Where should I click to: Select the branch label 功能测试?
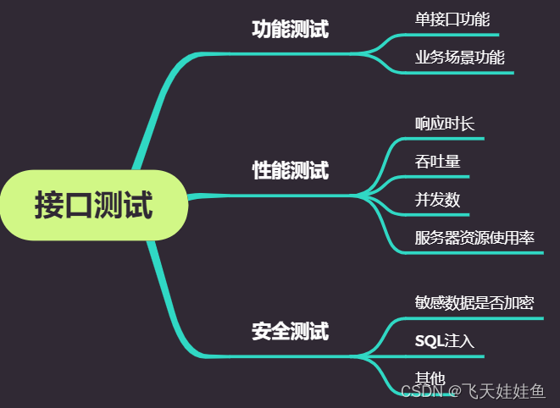(290, 30)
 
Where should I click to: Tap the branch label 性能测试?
(290, 170)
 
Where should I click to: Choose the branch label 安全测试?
(290, 331)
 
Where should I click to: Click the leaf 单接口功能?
(452, 19)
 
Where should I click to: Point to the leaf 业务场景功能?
(459, 58)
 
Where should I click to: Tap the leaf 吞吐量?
(437, 161)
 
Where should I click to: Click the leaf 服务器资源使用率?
(474, 238)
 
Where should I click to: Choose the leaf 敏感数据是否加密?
(474, 302)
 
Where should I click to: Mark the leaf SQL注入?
(444, 341)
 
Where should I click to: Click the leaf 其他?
(430, 378)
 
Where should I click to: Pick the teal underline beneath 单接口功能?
(457, 36)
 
